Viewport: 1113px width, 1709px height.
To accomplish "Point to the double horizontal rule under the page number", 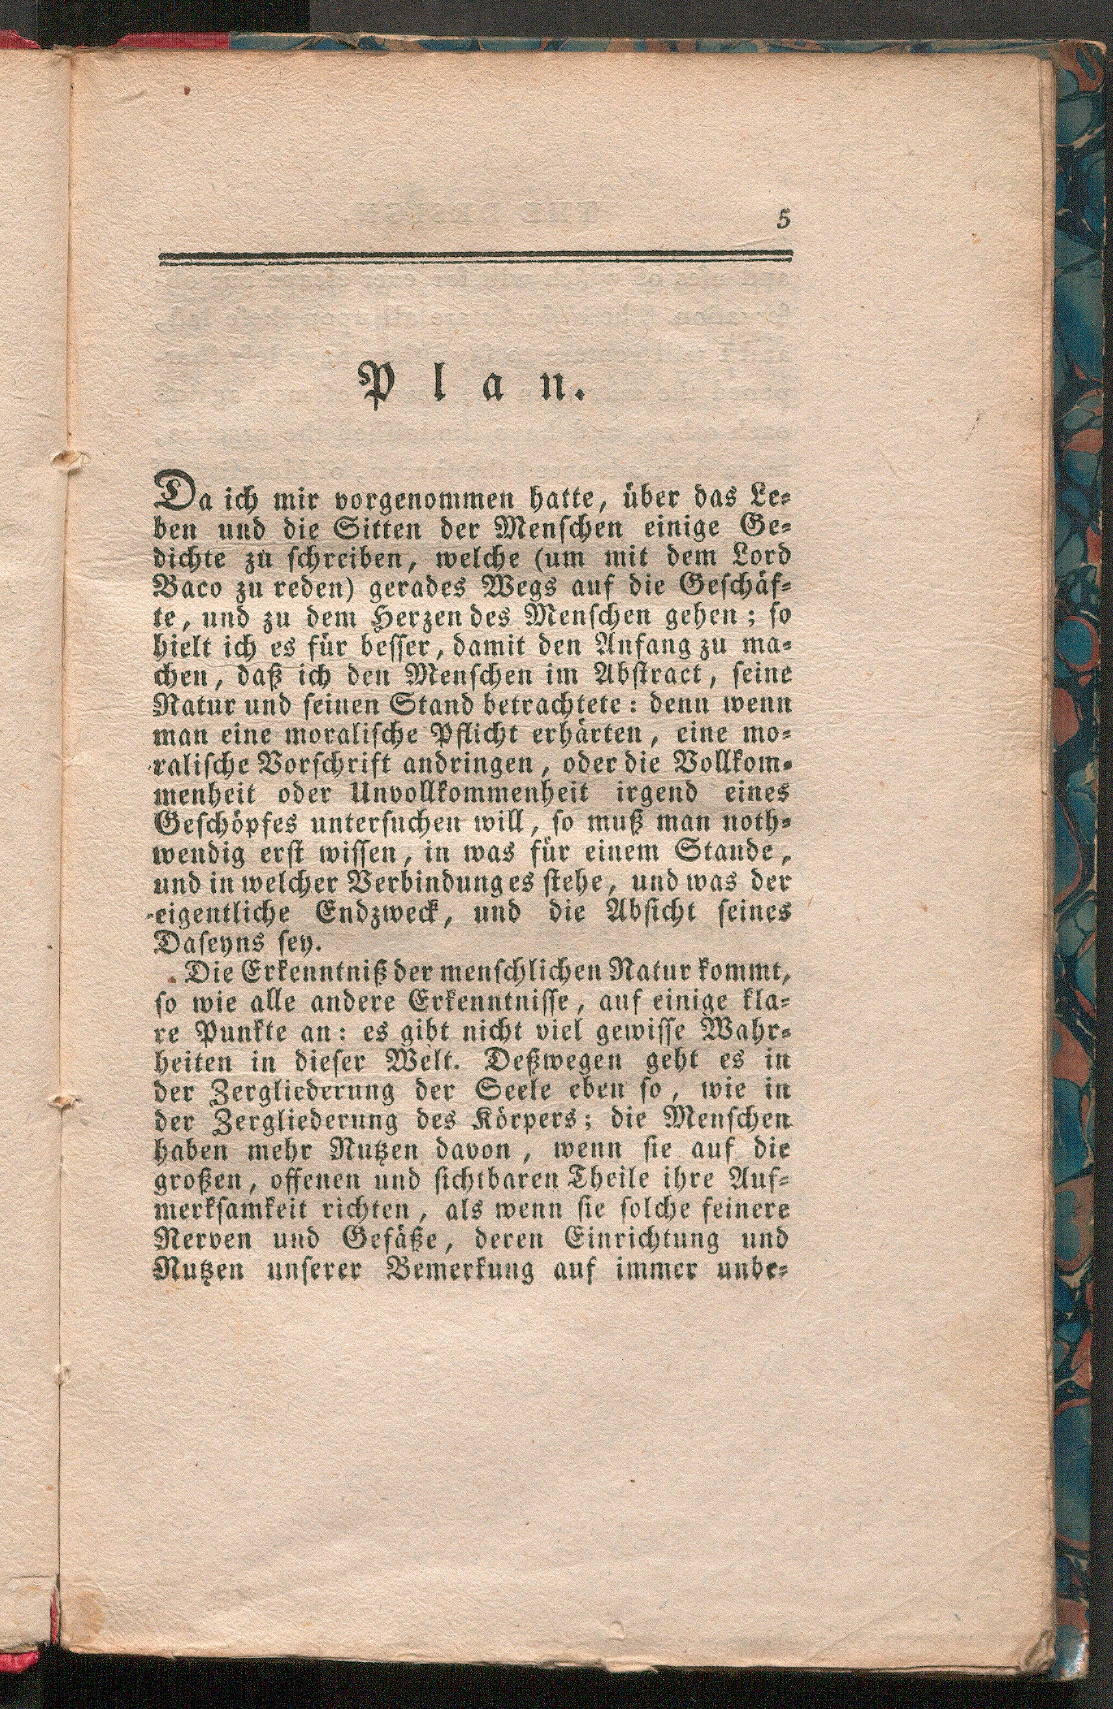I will click(x=476, y=259).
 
